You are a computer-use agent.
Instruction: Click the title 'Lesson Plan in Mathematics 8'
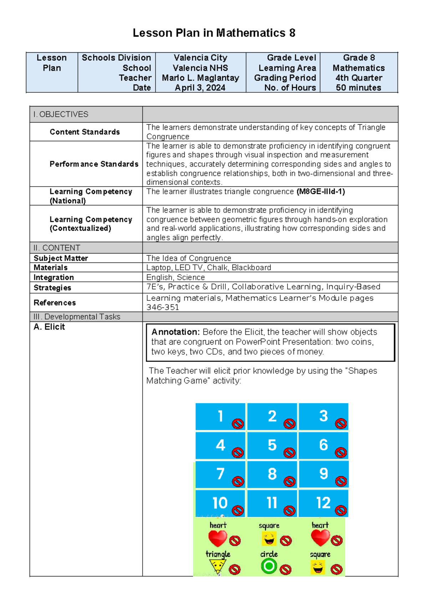point(214,33)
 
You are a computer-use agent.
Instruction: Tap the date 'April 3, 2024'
point(200,88)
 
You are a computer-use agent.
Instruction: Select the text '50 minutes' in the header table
point(358,88)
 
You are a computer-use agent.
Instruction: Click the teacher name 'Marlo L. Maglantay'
point(200,78)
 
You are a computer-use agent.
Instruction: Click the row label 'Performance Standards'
point(94,164)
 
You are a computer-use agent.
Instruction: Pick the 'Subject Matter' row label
point(61,258)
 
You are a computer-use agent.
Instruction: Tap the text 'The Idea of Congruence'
point(189,258)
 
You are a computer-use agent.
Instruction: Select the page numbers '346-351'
point(163,307)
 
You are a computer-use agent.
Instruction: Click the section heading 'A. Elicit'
point(49,327)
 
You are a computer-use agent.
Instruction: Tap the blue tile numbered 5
point(272,445)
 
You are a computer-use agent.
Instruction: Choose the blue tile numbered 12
point(323,503)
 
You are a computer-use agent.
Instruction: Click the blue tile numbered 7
point(220,474)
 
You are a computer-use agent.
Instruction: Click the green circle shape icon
point(269,566)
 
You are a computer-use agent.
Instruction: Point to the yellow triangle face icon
point(217,566)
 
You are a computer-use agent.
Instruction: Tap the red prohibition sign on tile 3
point(341,423)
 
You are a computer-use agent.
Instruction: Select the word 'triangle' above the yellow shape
point(218,554)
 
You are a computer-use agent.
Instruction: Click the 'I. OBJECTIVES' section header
point(61,115)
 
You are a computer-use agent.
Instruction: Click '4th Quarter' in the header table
point(358,78)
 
